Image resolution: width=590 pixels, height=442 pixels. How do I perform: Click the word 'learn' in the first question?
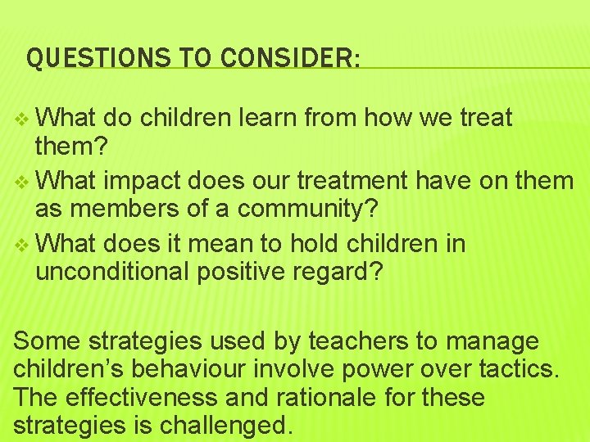point(270,118)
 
